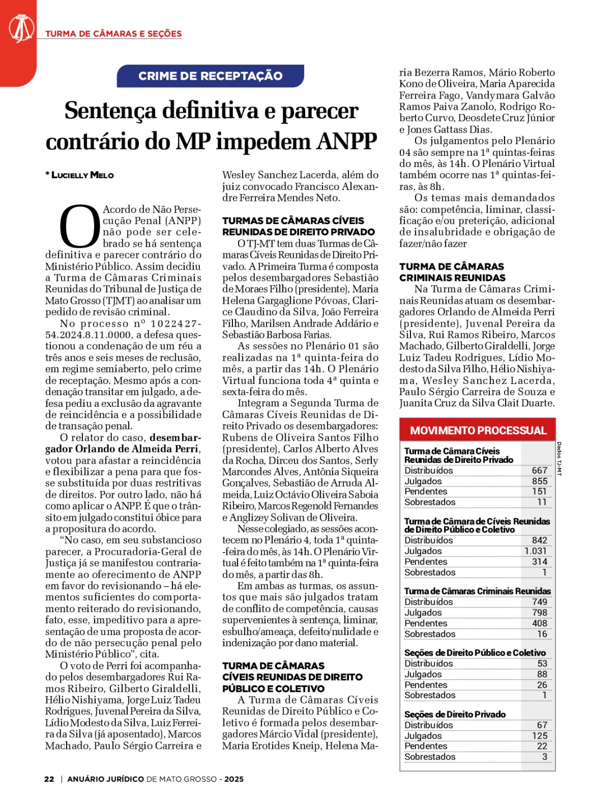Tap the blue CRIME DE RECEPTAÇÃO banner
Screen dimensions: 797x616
pos(210,76)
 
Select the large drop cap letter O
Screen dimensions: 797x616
pos(79,227)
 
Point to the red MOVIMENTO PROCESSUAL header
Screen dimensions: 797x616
pos(478,430)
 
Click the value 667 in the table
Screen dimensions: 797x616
pos(539,471)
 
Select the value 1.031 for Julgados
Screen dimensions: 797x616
pos(535,551)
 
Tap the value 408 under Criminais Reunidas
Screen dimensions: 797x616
pos(539,623)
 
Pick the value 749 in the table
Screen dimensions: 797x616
pos(539,602)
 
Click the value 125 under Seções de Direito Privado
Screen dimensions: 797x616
pos(539,736)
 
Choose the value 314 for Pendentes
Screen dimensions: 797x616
pos(539,562)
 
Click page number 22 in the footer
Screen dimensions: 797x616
pos(49,779)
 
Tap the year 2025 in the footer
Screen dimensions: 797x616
pos(234,779)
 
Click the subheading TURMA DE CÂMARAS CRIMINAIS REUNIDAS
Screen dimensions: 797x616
pos(452,272)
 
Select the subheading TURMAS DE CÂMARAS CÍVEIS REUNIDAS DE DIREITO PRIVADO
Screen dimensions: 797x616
pos(298,226)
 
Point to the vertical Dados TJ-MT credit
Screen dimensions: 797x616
pos(559,458)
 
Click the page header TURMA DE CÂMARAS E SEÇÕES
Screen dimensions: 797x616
pos(114,34)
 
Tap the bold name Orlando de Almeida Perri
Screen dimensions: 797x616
pos(122,449)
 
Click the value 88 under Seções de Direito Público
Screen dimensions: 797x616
pos(542,674)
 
